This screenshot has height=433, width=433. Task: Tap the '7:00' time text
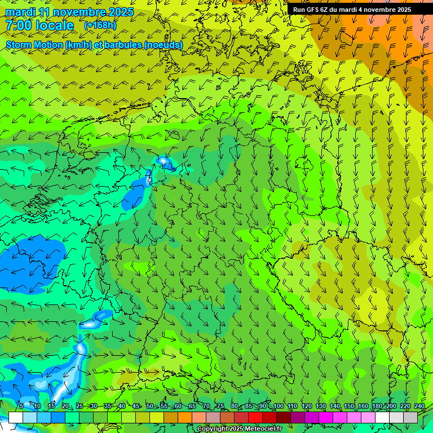[19, 25]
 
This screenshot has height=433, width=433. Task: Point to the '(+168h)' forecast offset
[100, 25]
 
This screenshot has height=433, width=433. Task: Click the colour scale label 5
[21, 407]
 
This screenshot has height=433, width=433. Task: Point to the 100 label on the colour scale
[278, 407]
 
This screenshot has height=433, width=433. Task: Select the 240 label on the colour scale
[419, 407]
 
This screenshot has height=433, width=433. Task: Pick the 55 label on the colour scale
[164, 407]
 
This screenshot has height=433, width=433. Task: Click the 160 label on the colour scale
[363, 407]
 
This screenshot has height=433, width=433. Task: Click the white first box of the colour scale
[15, 417]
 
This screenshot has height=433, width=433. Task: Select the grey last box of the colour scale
[410, 417]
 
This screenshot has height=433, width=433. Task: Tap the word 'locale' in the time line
[55, 25]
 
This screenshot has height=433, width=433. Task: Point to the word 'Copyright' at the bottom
[213, 429]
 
